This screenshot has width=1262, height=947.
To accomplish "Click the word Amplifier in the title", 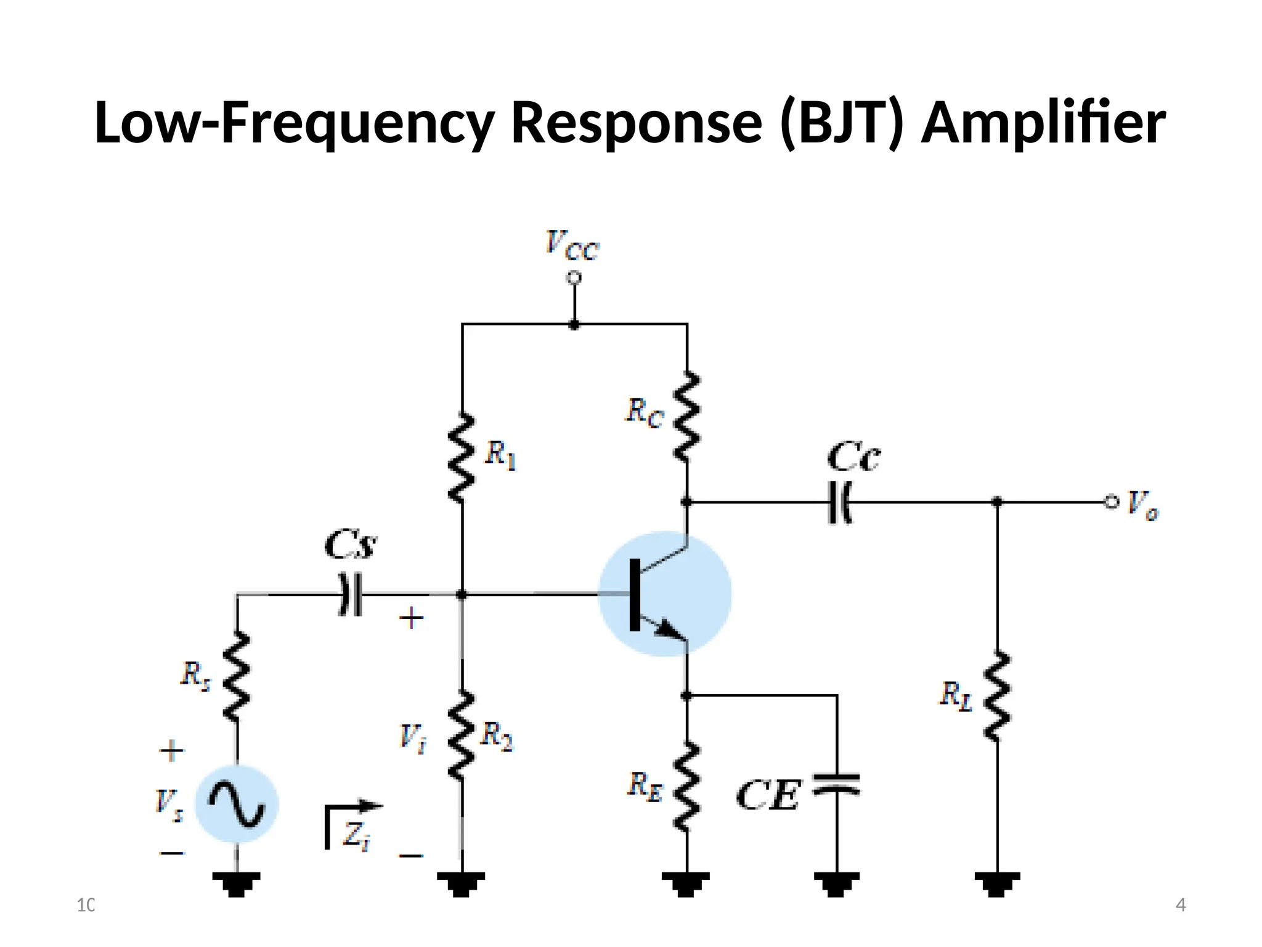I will [x=1043, y=123].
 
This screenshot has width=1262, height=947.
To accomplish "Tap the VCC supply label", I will [x=571, y=245].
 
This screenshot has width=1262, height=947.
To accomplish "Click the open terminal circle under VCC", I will [x=574, y=278].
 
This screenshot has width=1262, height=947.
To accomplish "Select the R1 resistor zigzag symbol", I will [x=462, y=457].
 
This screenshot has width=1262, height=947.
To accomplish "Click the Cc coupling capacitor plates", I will [x=839, y=502].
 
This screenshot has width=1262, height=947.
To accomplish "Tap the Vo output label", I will [x=1142, y=505].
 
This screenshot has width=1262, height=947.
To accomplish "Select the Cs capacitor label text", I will [x=349, y=544].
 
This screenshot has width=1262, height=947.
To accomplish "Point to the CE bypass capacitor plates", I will [x=836, y=784].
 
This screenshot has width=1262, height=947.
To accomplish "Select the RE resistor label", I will [x=645, y=787].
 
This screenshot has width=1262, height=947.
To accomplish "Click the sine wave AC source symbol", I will [x=237, y=803].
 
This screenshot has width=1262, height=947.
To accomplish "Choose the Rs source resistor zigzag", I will [x=237, y=676].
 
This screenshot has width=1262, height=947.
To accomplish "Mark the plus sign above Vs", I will [x=171, y=751].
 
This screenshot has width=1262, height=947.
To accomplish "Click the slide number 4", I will [x=1180, y=905].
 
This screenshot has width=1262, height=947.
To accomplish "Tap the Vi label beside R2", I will [x=412, y=737].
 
